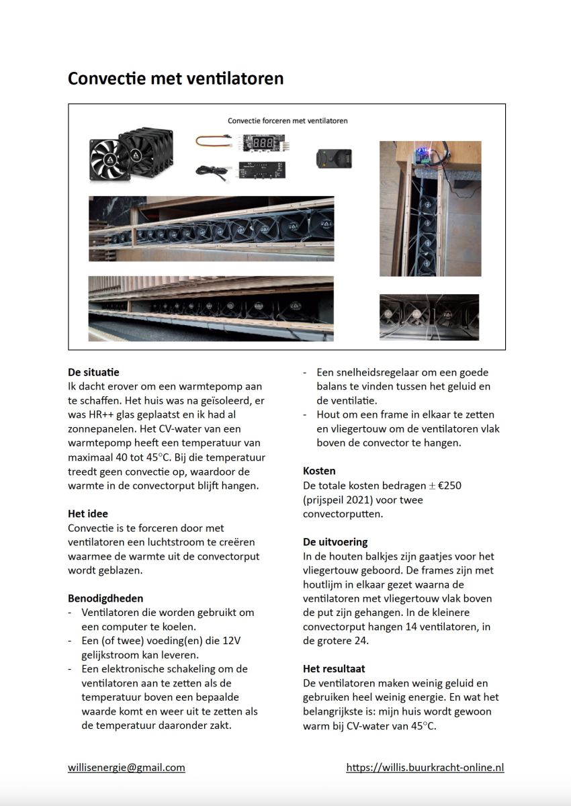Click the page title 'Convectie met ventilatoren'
(x=175, y=79)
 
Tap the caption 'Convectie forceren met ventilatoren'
(x=287, y=121)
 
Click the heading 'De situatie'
(x=93, y=371)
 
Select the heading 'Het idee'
(x=88, y=514)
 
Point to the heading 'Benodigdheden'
(x=105, y=598)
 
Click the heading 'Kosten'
(x=319, y=471)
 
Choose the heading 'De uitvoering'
(x=335, y=541)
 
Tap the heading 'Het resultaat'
(x=334, y=668)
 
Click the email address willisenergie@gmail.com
(x=126, y=767)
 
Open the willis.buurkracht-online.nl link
(x=425, y=767)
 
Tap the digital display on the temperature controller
(x=261, y=142)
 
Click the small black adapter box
(x=333, y=159)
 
